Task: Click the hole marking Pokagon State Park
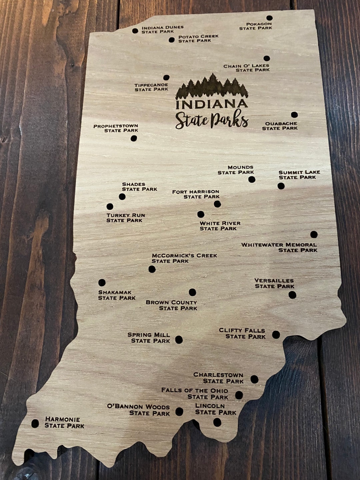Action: tap(269, 18)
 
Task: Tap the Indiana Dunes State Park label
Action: tap(162, 29)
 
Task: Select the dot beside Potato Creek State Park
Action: tap(172, 40)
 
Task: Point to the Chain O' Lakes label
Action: tap(246, 68)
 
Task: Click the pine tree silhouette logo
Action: tap(212, 86)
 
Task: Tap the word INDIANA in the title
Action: tap(212, 104)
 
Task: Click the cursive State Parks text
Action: tap(212, 121)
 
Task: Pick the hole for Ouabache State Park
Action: tap(294, 115)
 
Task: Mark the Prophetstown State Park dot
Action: tap(134, 138)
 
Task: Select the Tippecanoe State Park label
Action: tap(151, 87)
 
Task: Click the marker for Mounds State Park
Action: tap(252, 180)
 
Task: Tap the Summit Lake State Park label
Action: tap(299, 175)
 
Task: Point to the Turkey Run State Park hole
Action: tap(110, 207)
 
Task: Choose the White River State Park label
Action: tap(220, 226)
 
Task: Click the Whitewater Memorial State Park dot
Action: tap(314, 234)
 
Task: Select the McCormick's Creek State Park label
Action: tap(184, 258)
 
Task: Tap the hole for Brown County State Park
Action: tap(192, 292)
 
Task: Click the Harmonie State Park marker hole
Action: tap(35, 424)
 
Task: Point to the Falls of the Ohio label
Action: tap(195, 393)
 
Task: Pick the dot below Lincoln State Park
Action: tap(217, 422)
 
